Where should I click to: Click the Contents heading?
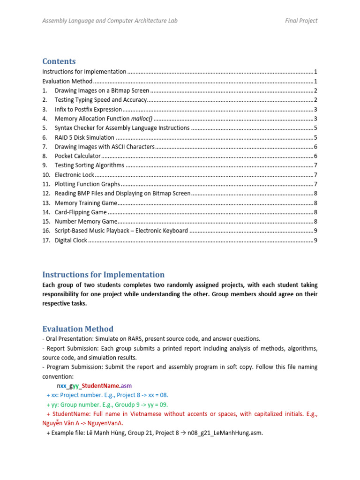[x=59, y=61]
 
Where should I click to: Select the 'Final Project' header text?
[x=301, y=21]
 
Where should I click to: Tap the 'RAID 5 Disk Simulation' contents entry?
[x=84, y=137]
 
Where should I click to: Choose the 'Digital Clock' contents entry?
[x=71, y=240]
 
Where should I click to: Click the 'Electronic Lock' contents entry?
[x=75, y=175]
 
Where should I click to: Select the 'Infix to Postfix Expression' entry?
[x=88, y=109]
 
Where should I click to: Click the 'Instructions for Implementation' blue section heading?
[x=103, y=275]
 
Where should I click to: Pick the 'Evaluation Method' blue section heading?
[x=78, y=329]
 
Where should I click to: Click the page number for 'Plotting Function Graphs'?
[x=316, y=184]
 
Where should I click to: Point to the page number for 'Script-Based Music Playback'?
[x=316, y=231]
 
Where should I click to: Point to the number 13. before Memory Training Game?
[x=46, y=203]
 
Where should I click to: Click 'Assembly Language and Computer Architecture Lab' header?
[x=110, y=21]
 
